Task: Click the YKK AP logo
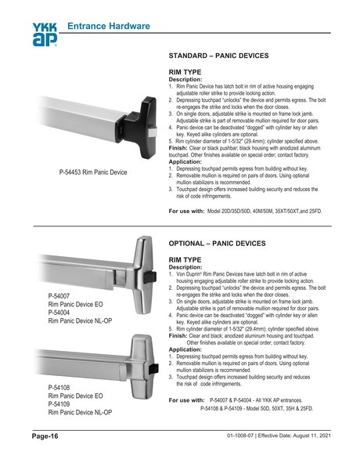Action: (45, 34)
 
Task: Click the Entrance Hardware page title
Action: (109, 27)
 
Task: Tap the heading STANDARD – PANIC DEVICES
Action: (219, 56)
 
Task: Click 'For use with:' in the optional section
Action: (187, 400)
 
